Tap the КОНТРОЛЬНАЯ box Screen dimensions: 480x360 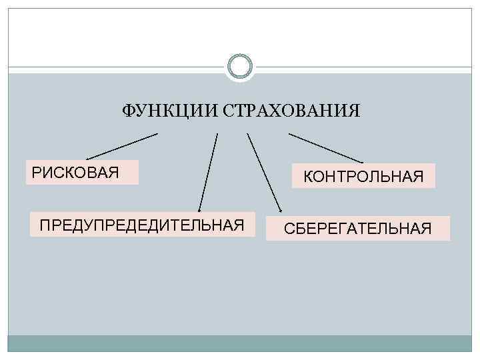(363, 176)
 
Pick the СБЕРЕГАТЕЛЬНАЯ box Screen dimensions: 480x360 (358, 229)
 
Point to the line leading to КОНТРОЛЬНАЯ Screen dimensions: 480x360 (326, 148)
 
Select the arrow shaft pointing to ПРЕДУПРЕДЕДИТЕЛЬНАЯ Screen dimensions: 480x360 (208, 170)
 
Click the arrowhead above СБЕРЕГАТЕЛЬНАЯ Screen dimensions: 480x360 (280, 209)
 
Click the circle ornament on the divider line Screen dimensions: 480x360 (239, 67)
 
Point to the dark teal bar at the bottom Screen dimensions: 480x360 (240, 343)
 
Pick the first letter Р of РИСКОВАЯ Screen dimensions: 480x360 (36, 173)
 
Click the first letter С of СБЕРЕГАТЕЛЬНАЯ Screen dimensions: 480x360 (289, 229)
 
